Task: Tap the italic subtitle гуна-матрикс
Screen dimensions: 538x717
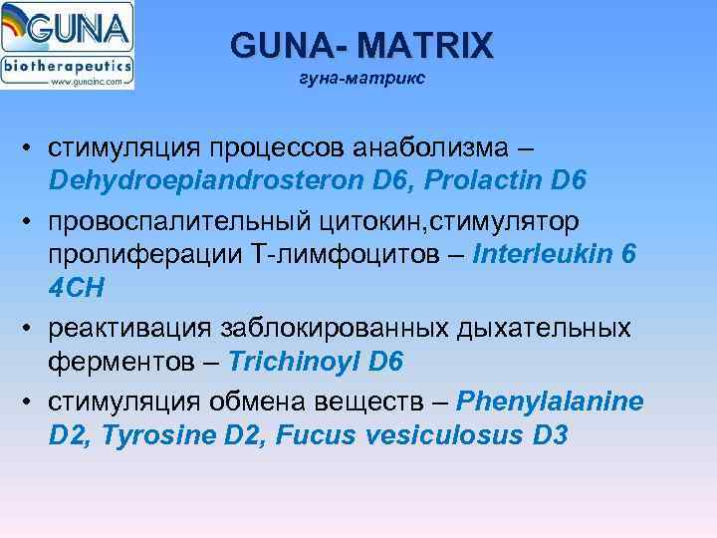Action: (x=361, y=78)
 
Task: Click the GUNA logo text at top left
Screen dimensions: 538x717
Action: (x=86, y=27)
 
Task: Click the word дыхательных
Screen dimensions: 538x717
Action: (x=543, y=327)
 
